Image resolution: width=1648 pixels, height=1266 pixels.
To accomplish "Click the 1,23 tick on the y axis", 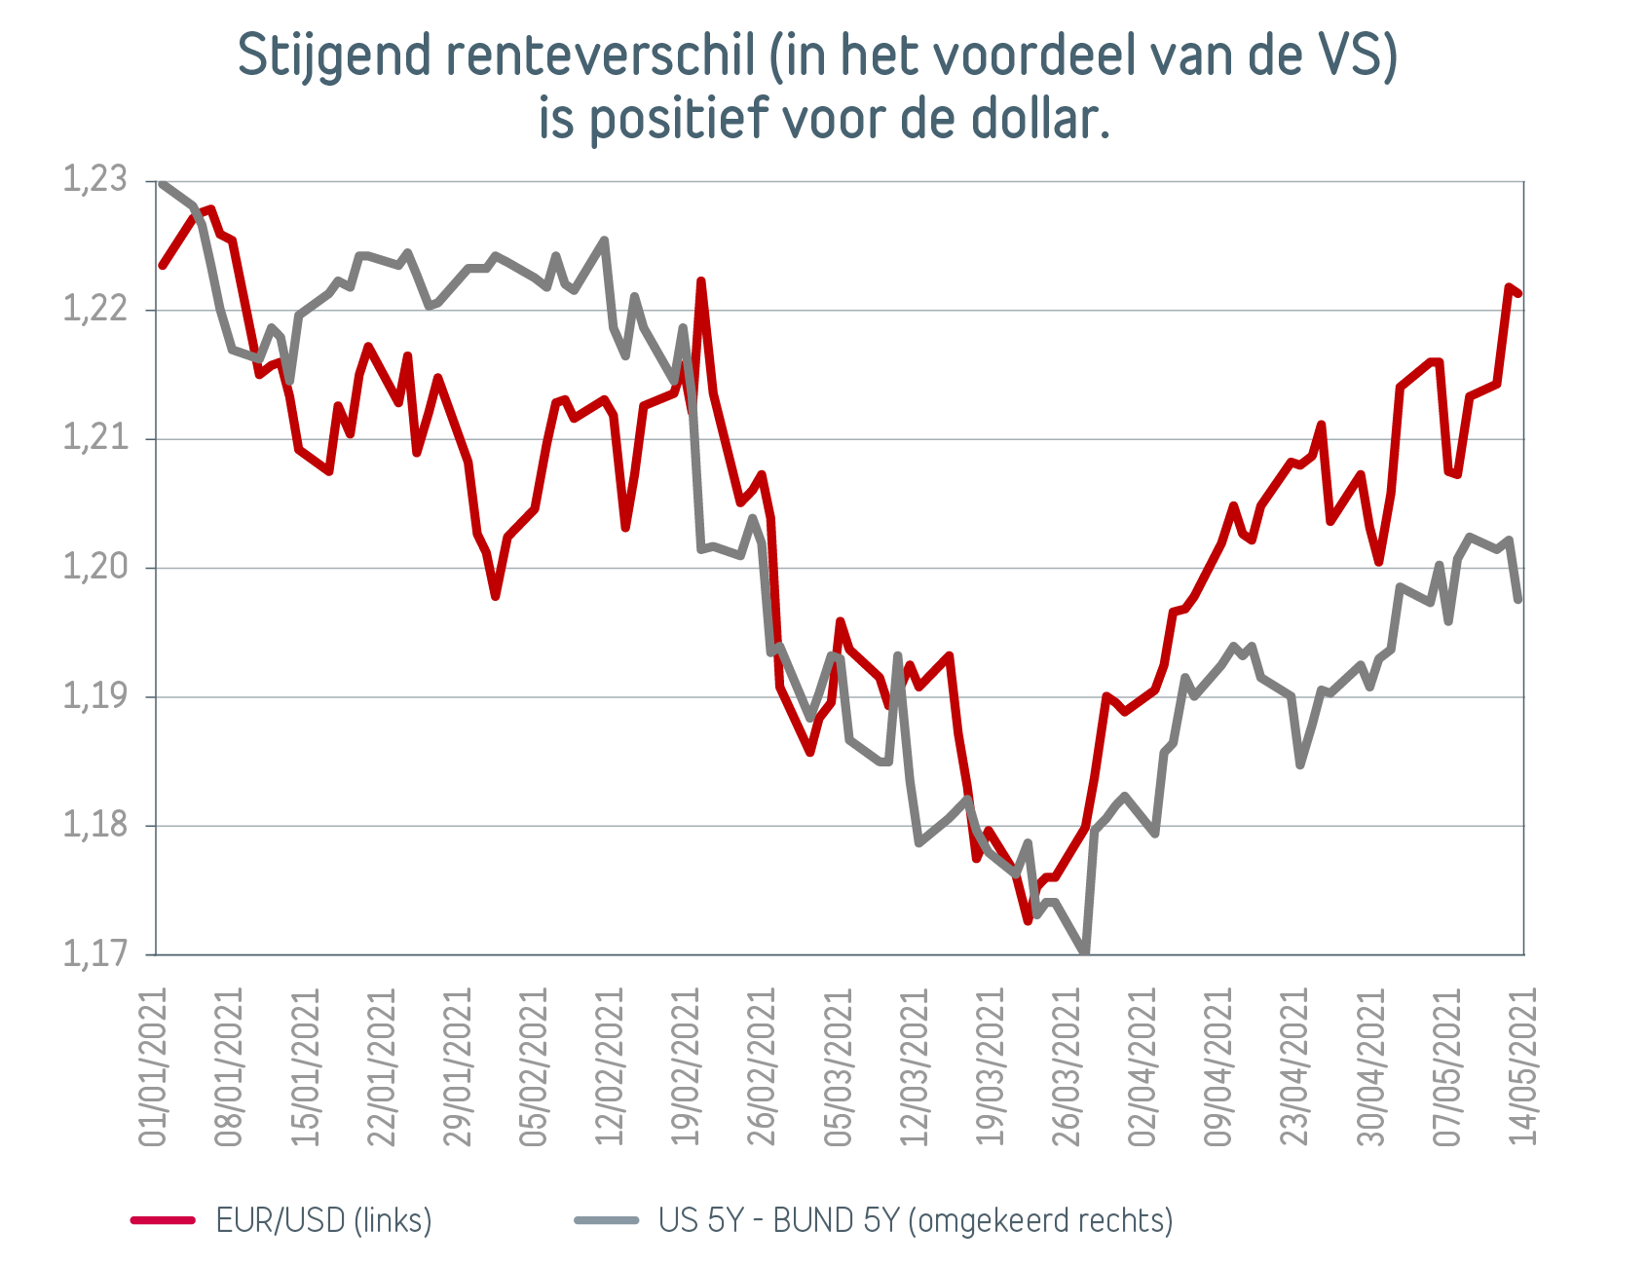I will tap(94, 180).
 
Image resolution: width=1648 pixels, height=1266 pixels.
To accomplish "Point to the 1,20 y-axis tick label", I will tap(94, 567).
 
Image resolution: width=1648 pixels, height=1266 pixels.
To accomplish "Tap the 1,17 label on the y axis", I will tap(94, 953).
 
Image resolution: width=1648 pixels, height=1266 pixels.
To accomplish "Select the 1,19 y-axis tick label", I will tap(94, 695).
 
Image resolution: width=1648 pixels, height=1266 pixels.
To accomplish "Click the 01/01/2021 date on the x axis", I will tap(153, 1067).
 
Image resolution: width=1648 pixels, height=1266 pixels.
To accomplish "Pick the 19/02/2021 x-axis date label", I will tap(686, 1067).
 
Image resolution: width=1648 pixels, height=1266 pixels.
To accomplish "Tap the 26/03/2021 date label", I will tap(1067, 1067).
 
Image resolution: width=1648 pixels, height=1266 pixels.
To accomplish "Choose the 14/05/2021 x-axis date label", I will tap(1523, 1067).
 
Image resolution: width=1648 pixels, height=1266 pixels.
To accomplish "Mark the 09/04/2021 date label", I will tap(1218, 1067).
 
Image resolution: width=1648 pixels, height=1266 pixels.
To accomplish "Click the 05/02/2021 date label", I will tap(534, 1067).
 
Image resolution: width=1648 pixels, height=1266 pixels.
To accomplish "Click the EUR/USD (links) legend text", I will tap(323, 1219).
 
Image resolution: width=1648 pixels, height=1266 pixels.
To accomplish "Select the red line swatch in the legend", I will tap(164, 1219).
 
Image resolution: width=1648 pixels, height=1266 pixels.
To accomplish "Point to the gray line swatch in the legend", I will tap(606, 1219).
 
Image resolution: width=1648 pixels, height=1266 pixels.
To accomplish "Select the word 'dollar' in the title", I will tap(1035, 119).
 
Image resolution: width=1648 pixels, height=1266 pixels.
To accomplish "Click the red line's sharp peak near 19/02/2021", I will tap(700, 281).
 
